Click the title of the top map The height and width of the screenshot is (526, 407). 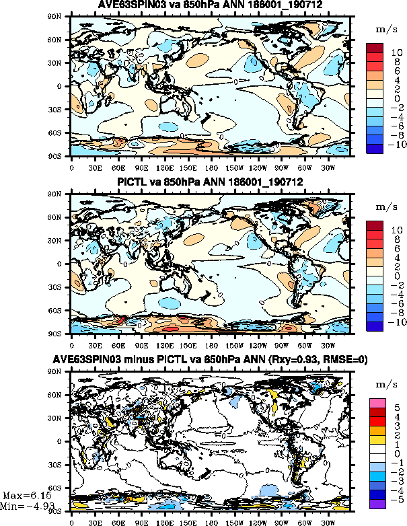[x=211, y=5]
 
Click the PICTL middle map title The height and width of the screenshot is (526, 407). [x=211, y=182]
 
